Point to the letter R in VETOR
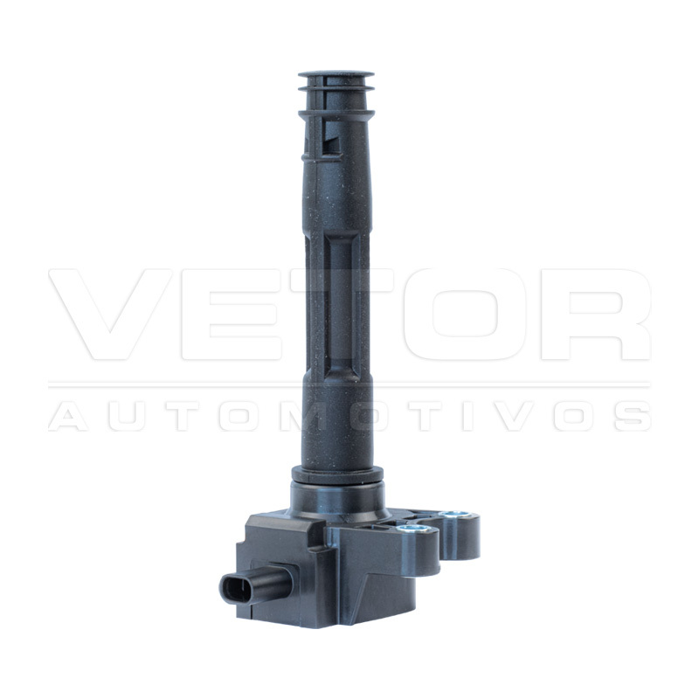coord(596,315)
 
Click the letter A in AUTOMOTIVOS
coord(68,416)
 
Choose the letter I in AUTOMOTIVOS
coord(467,416)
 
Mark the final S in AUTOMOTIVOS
coord(632,416)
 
